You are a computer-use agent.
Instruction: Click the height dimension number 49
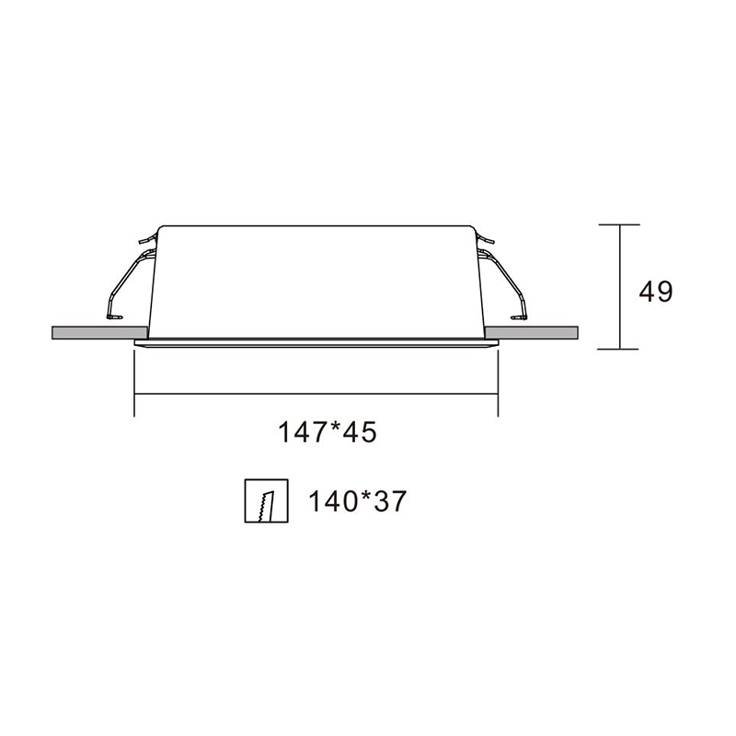(x=656, y=292)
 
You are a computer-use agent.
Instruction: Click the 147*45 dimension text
(x=328, y=431)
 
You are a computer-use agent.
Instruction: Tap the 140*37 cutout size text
(x=356, y=501)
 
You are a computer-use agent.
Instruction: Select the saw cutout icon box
(x=266, y=500)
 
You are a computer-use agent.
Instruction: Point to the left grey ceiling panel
(x=98, y=332)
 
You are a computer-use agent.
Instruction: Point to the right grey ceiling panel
(x=531, y=332)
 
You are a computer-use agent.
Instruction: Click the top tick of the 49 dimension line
(x=619, y=224)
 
